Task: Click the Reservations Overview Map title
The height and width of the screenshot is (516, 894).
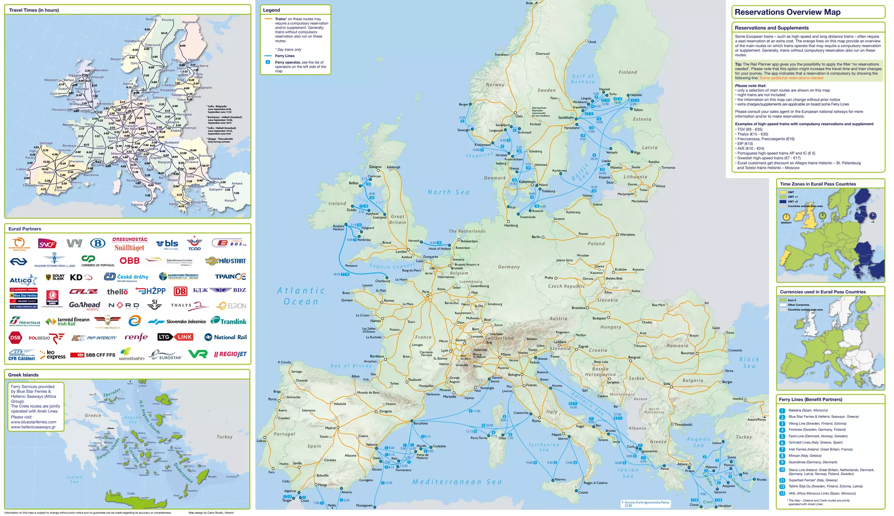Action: [x=787, y=12]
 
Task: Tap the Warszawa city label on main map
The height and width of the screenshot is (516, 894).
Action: [x=627, y=235]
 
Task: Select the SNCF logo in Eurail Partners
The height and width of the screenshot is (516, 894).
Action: [x=47, y=244]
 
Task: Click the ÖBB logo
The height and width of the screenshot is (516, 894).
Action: [x=130, y=261]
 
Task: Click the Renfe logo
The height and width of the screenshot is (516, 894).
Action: [x=136, y=337]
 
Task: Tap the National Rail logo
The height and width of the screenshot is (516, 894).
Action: [x=225, y=337]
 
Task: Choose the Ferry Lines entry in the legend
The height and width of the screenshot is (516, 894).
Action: [x=285, y=56]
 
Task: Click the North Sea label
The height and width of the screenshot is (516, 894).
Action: [x=448, y=192]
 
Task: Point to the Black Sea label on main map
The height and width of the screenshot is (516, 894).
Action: [x=749, y=362]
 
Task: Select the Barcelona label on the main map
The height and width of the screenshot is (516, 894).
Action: [x=420, y=423]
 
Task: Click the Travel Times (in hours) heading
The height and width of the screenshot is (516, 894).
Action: [x=34, y=10]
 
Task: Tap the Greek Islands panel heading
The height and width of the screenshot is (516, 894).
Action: [x=23, y=375]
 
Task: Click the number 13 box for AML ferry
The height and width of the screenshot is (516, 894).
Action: [x=782, y=493]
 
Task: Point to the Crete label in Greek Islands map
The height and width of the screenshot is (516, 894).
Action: [x=131, y=494]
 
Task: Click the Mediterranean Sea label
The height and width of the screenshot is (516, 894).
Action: [x=457, y=482]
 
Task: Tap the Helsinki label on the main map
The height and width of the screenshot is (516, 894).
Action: [x=636, y=95]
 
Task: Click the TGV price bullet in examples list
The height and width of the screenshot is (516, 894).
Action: [x=750, y=130]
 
